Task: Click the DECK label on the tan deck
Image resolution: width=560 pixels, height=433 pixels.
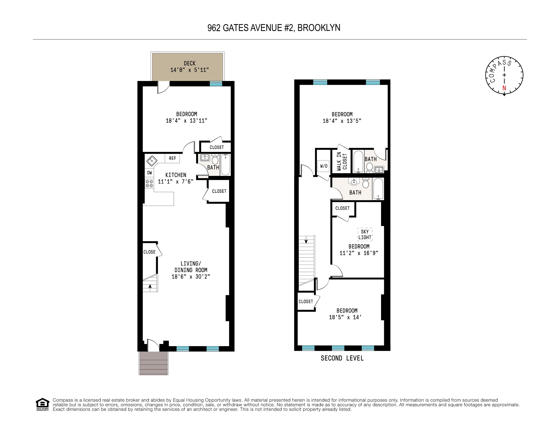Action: click(x=190, y=63)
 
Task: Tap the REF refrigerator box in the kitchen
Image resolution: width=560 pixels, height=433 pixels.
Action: click(x=172, y=158)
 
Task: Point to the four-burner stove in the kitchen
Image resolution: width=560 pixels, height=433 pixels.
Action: click(x=149, y=184)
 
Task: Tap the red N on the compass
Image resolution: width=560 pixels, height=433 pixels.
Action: click(x=504, y=88)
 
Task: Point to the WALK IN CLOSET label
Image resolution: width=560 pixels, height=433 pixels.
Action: click(x=342, y=161)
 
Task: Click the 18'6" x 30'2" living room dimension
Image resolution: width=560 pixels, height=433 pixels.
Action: click(x=191, y=277)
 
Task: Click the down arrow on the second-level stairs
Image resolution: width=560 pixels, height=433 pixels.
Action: click(x=306, y=241)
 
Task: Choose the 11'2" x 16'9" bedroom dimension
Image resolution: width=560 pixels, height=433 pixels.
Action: click(x=359, y=253)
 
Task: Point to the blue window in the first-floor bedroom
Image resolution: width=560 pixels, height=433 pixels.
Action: click(x=216, y=84)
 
